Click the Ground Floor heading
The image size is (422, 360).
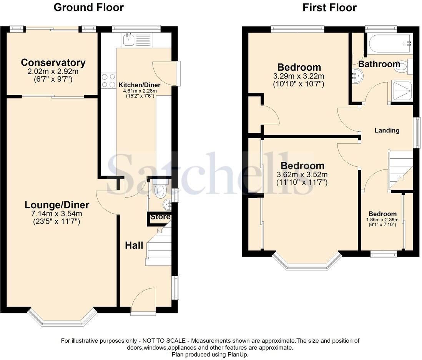click(88, 7)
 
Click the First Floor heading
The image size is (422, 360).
click(329, 7)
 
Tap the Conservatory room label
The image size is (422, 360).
click(53, 63)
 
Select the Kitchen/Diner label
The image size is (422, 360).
click(139, 85)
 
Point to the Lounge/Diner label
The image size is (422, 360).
click(57, 205)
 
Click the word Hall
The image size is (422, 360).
click(134, 245)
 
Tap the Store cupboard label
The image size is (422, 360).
click(160, 217)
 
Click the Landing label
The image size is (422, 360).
click(387, 130)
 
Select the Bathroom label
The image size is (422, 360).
click(379, 64)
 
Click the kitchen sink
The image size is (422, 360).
click(128, 39)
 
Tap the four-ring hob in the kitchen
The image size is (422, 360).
click(108, 81)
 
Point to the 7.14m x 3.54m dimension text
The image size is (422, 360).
click(57, 214)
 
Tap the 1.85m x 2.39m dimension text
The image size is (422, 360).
click(382, 220)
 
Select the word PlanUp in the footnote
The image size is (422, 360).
click(239, 355)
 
